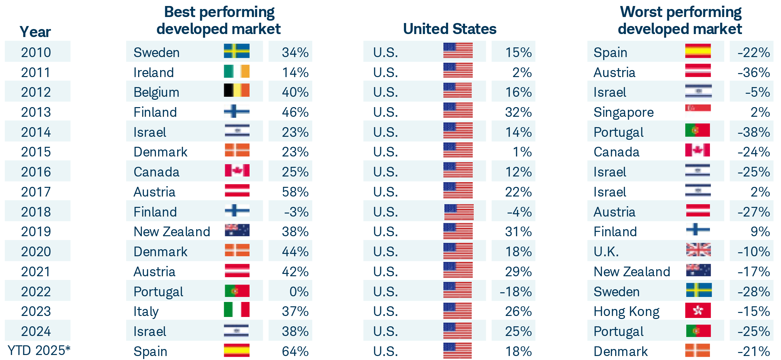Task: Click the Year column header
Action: (35, 32)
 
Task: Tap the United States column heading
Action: (449, 29)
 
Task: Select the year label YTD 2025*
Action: (39, 351)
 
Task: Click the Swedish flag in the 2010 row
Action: (237, 51)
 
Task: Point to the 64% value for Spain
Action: (295, 351)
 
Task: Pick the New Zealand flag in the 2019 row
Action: (237, 230)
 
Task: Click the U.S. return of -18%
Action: (515, 292)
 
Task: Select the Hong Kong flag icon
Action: (698, 310)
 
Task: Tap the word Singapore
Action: (623, 112)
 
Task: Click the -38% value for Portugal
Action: (753, 132)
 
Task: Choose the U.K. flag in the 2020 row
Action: (698, 250)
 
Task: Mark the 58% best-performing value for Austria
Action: (295, 192)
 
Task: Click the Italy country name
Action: (146, 312)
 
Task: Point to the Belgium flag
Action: (237, 90)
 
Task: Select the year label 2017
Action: (36, 192)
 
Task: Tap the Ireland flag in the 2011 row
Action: (237, 71)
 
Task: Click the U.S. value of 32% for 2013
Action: (518, 112)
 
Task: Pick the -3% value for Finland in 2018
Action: (296, 212)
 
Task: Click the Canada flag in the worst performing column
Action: (697, 150)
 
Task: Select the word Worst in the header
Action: (641, 12)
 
